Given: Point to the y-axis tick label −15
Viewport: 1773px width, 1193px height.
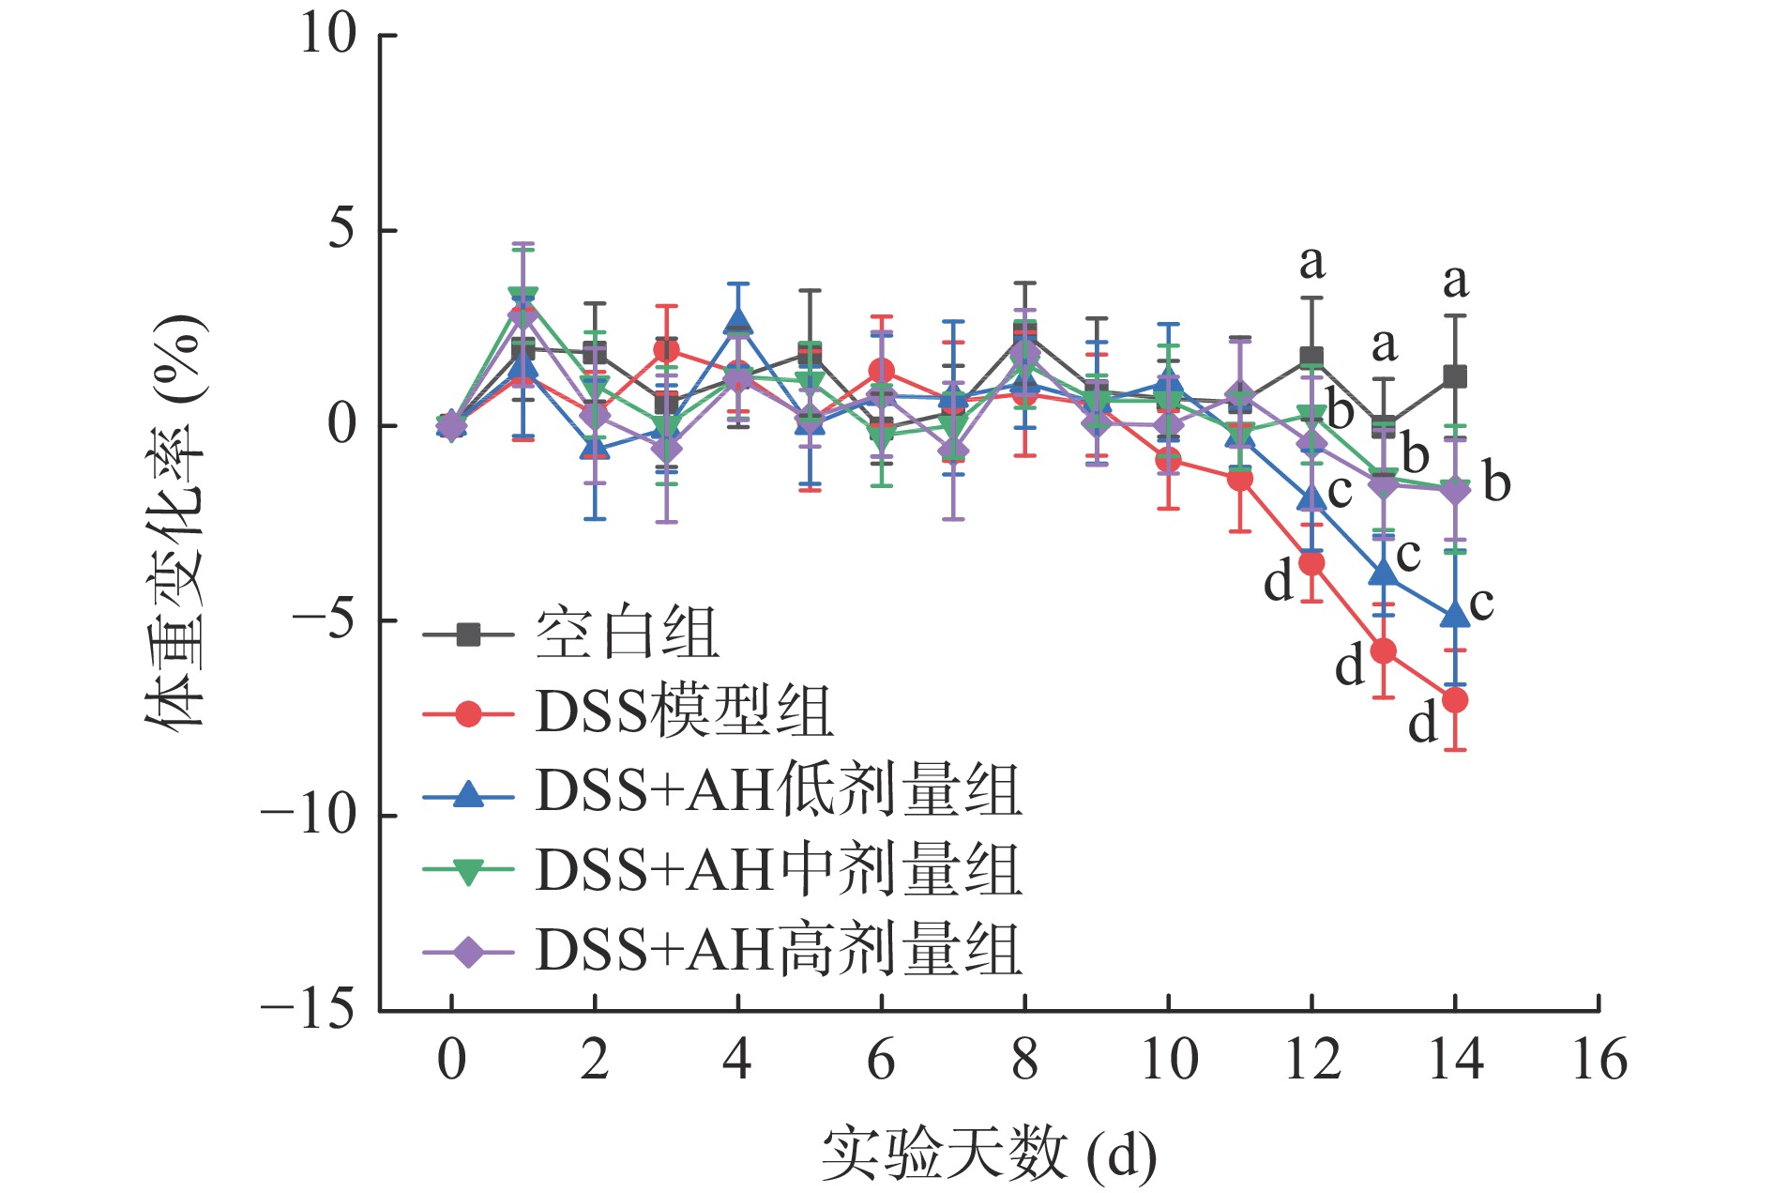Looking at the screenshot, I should point(308,1011).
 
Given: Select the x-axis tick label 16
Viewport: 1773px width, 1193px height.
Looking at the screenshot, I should point(1599,1061).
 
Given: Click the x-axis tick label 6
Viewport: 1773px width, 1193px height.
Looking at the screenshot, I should point(881,1061).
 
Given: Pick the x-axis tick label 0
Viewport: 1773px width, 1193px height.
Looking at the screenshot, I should point(451,1061).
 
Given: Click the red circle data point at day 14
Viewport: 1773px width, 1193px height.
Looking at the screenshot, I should point(1454,700).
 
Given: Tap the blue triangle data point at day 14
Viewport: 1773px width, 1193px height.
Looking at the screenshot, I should point(1454,616).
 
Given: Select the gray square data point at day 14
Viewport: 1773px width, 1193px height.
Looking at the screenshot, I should point(1454,377).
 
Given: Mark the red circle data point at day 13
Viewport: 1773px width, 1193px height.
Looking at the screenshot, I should point(1383,651).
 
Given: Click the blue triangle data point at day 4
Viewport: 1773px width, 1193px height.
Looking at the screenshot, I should point(738,323).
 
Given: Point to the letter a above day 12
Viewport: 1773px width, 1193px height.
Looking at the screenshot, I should point(1311,263).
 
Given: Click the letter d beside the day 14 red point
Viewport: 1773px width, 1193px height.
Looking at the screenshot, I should point(1423,724).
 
